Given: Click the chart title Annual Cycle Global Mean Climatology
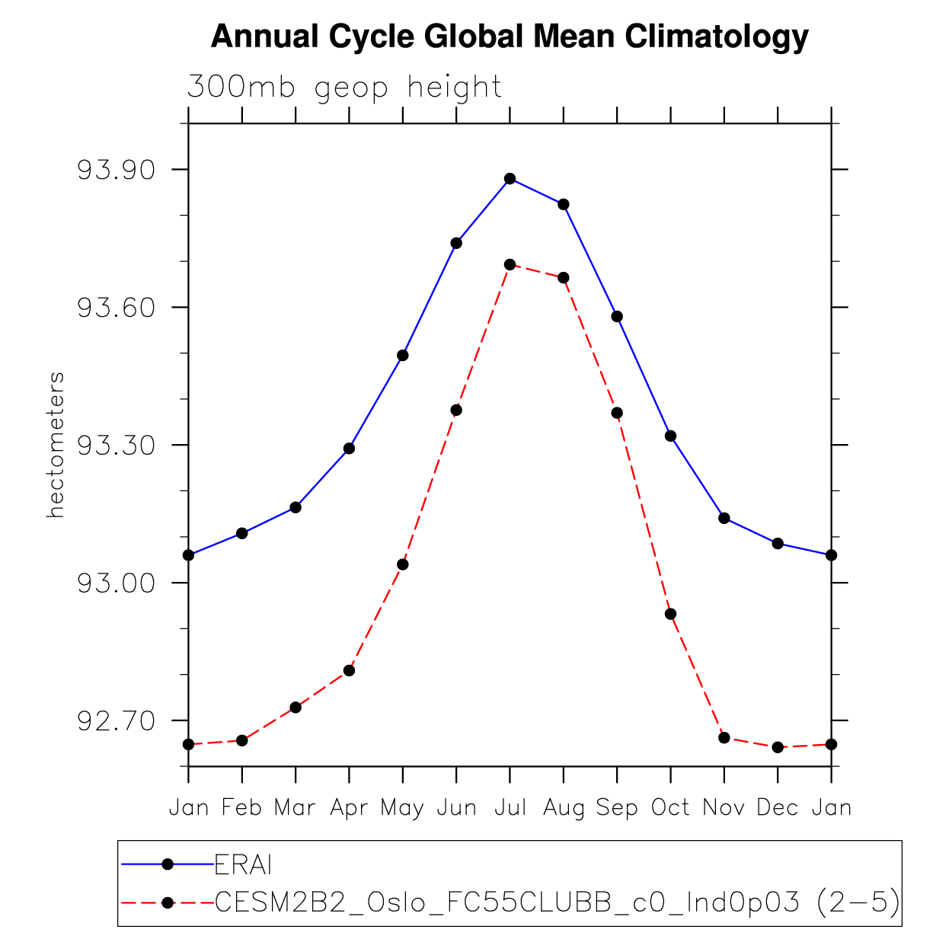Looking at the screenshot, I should pyautogui.click(x=509, y=37).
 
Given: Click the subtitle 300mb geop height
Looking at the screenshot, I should pyautogui.click(x=344, y=88).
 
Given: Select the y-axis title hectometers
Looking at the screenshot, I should pyautogui.click(x=56, y=446).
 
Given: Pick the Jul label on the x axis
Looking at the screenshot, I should pyautogui.click(x=510, y=807).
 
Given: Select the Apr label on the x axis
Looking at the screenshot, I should pyautogui.click(x=349, y=808).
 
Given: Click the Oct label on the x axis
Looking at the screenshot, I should pyautogui.click(x=670, y=807).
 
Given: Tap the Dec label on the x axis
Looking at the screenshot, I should pyautogui.click(x=778, y=807).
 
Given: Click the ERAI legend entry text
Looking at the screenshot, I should pyautogui.click(x=243, y=865).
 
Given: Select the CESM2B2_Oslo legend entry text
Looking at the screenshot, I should pyautogui.click(x=557, y=903).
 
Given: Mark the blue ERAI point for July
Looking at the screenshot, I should pyautogui.click(x=510, y=179).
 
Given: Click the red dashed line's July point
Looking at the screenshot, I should pyautogui.click(x=510, y=264).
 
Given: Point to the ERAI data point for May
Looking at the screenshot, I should pyautogui.click(x=403, y=356).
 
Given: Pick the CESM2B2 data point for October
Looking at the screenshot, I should pyautogui.click(x=670, y=614).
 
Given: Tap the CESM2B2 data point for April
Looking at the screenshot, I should pyautogui.click(x=349, y=670).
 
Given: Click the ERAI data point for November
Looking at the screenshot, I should pyautogui.click(x=724, y=518).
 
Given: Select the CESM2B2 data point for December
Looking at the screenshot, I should pyautogui.click(x=778, y=747).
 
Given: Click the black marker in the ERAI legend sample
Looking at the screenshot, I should pyautogui.click(x=168, y=864).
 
